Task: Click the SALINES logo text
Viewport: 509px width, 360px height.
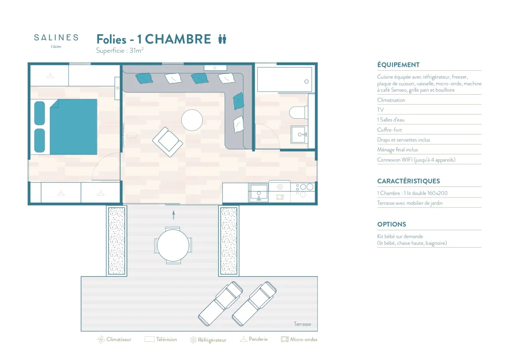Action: click(x=56, y=37)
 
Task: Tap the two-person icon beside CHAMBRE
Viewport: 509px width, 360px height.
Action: click(x=222, y=39)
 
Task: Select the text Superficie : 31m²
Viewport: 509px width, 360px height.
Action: click(x=120, y=50)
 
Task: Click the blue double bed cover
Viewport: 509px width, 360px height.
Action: click(x=74, y=127)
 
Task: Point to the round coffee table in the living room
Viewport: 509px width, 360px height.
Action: click(x=192, y=120)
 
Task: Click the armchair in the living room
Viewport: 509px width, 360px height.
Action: click(x=168, y=142)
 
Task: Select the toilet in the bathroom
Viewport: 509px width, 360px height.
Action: click(x=299, y=112)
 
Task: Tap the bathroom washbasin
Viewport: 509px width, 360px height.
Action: click(x=299, y=135)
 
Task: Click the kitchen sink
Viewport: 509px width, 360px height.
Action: click(x=259, y=193)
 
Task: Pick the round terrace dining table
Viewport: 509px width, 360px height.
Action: click(x=173, y=246)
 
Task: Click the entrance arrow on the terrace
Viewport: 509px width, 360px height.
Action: click(x=174, y=215)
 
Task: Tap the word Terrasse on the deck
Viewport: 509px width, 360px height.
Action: click(x=302, y=324)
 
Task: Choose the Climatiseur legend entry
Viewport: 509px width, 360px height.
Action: click(x=114, y=340)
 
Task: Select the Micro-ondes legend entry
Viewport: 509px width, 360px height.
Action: click(x=299, y=339)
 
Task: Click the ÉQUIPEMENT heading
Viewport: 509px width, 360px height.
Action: click(x=398, y=65)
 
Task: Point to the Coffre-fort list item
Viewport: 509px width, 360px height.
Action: click(x=389, y=130)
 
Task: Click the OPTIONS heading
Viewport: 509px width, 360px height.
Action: click(x=392, y=224)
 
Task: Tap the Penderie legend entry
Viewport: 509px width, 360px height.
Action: click(x=254, y=339)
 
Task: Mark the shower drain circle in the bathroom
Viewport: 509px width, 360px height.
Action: click(x=307, y=81)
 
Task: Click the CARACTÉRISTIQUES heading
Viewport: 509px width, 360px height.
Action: click(x=408, y=181)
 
